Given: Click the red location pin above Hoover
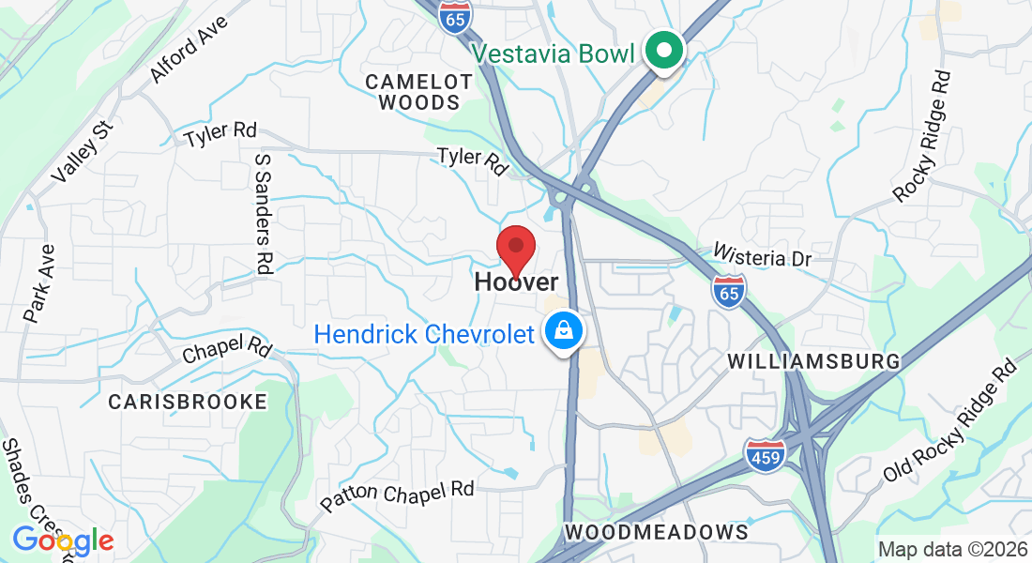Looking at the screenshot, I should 515,249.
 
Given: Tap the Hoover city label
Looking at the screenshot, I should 516,281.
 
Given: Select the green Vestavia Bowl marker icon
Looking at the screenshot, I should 664,52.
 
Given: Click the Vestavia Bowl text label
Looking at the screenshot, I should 554,53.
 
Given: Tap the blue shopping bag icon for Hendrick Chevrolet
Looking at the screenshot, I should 565,333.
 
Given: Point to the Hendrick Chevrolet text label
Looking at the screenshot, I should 424,334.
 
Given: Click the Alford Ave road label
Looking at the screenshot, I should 189,48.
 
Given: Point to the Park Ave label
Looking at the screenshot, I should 40,284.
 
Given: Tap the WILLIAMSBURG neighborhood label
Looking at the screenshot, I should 813,361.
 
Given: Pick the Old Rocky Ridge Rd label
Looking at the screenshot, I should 950,420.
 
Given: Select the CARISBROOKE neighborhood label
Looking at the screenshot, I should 188,402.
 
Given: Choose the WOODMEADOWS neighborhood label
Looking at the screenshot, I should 657,532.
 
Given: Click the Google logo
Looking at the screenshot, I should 63,540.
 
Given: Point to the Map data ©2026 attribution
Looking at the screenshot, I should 951,549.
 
